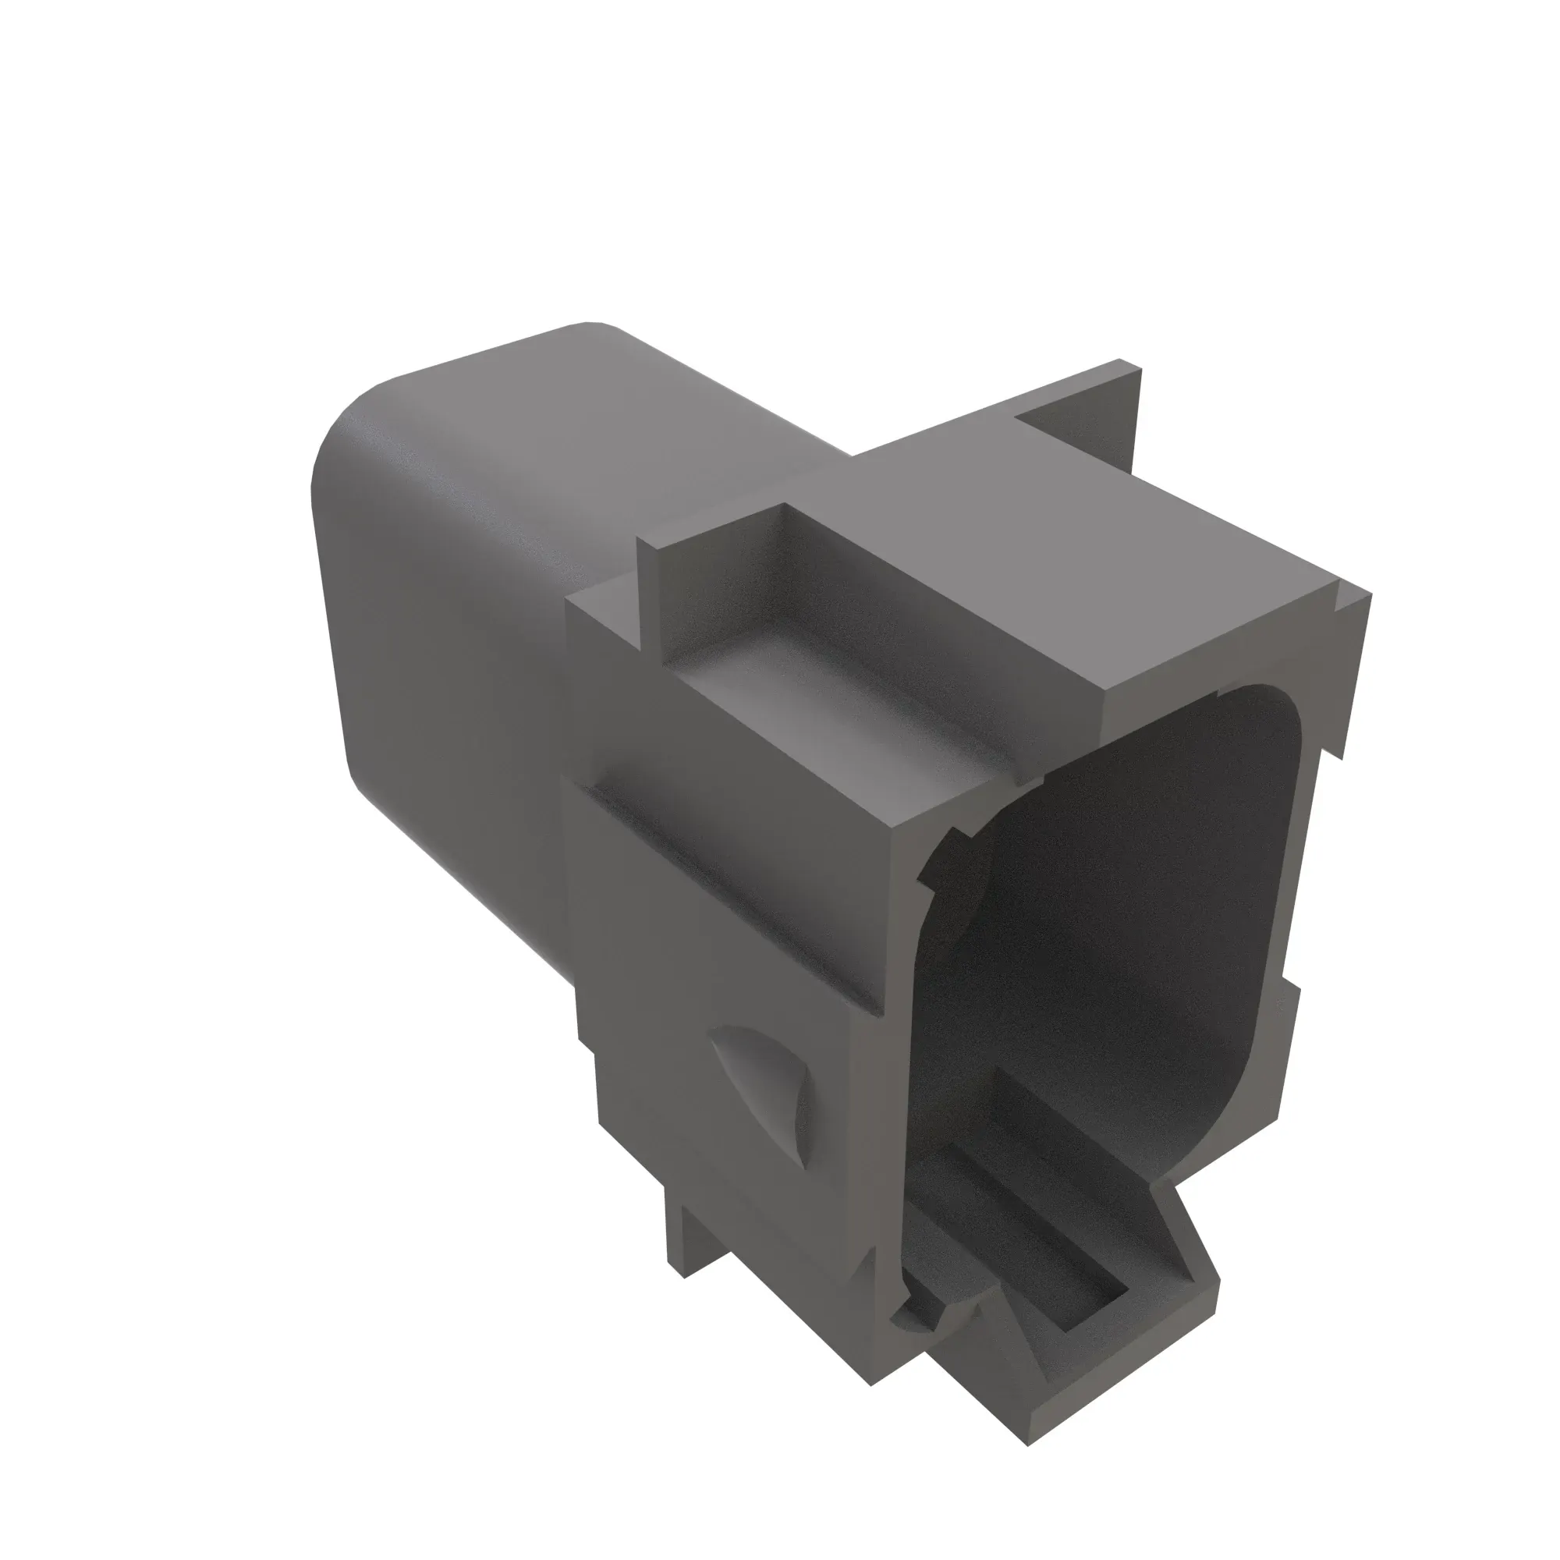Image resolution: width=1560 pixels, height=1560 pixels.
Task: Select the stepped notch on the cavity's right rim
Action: pos(1289,981)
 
